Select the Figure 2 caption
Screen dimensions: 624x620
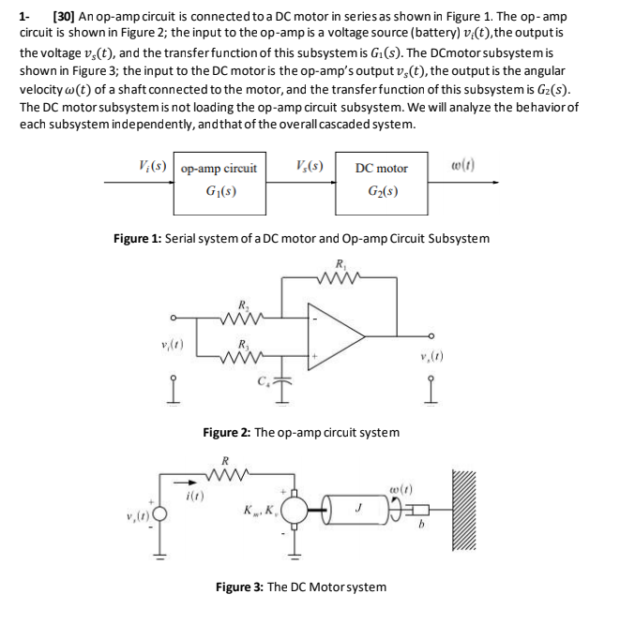300,432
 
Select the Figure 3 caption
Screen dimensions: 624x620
300,587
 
